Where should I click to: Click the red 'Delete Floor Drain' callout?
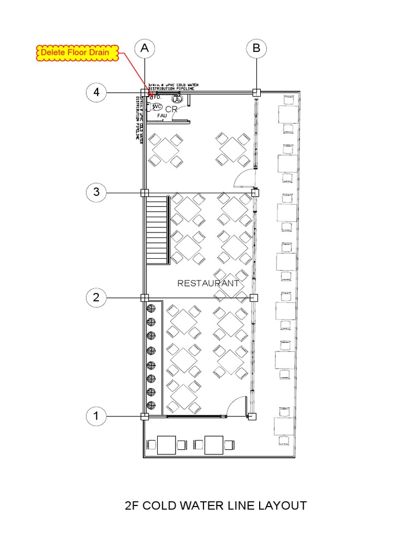(77, 53)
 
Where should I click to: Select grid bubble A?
(145, 49)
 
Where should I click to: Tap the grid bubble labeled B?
(256, 49)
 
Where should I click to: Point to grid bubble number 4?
(97, 92)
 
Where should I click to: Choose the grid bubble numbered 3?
(97, 192)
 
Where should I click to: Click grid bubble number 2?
(97, 298)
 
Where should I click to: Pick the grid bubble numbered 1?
(97, 416)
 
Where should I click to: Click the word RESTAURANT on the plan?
(208, 283)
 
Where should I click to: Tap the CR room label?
(171, 109)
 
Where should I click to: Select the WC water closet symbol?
(157, 106)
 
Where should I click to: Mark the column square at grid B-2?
(254, 298)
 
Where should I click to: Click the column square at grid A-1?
(145, 417)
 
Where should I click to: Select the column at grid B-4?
(256, 93)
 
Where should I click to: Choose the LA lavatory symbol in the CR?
(177, 99)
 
